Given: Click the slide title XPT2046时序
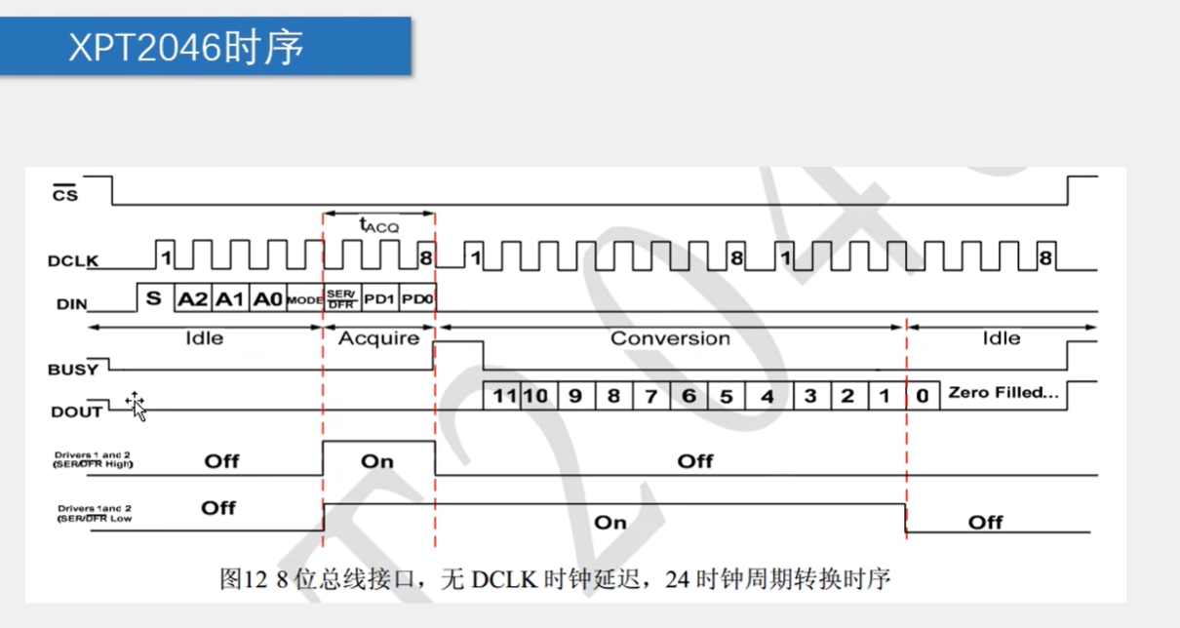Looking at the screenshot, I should (186, 46).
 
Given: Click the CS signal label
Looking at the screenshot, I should (65, 193).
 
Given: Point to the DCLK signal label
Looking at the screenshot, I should (74, 261).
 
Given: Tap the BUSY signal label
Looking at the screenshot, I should (73, 370).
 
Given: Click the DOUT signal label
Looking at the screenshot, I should (76, 412).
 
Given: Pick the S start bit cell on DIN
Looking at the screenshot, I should (153, 298).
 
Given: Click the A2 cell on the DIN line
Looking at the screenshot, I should (192, 299).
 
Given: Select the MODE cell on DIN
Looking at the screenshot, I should (304, 300).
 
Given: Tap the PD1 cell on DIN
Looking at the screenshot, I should (379, 299).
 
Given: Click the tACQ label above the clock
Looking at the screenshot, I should (377, 225).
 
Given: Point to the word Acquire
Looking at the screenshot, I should (378, 338).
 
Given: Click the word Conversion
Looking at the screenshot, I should (670, 338).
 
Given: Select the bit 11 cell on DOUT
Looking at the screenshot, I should (502, 396).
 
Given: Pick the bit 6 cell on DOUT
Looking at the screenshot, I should (688, 396).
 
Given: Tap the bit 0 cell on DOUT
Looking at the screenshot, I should (922, 396).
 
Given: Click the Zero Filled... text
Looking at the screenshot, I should (1003, 393).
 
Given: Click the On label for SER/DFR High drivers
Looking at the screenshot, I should (377, 460).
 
